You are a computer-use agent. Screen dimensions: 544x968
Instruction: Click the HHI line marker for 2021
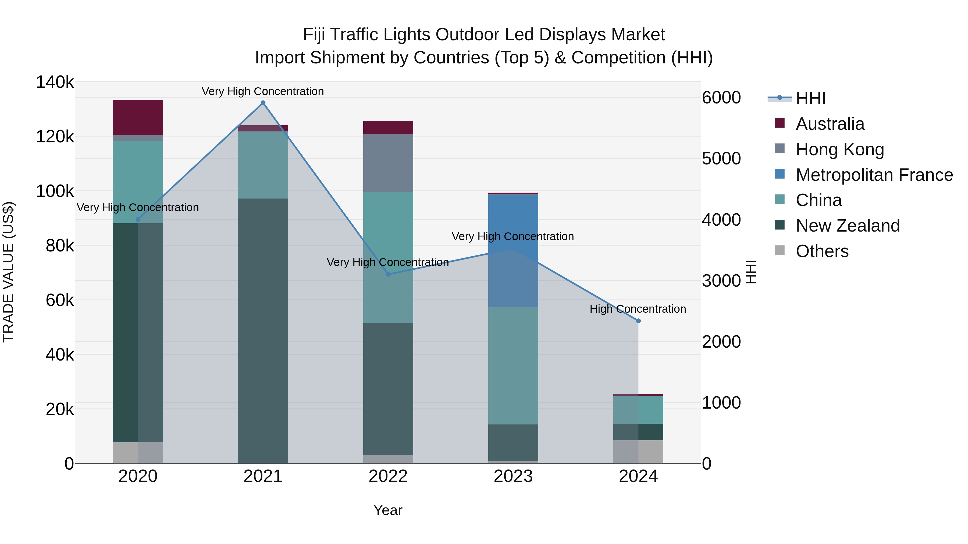point(263,103)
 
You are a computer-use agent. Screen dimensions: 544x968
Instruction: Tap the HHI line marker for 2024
point(638,321)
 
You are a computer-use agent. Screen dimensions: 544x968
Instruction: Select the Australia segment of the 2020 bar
point(138,117)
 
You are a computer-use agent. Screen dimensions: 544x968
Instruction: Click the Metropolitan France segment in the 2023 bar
point(513,251)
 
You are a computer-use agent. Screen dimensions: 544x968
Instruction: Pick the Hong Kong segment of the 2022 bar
point(388,163)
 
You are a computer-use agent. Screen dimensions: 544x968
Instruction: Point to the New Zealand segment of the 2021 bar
point(263,330)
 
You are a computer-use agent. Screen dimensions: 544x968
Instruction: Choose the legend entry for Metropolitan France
point(874,175)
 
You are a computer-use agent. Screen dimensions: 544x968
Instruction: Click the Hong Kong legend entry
point(839,149)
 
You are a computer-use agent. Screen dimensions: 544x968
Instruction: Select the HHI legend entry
point(810,98)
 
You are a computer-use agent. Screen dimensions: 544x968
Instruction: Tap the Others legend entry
point(822,251)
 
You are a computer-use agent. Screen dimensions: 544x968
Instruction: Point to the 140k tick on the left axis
point(55,82)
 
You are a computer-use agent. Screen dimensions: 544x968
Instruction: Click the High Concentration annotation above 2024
point(638,309)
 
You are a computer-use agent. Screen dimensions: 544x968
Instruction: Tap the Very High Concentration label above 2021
point(263,91)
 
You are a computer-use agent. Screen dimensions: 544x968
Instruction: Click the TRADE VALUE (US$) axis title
point(9,272)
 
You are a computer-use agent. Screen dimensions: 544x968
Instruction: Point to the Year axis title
point(388,510)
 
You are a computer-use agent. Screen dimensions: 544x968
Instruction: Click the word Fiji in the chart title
point(314,35)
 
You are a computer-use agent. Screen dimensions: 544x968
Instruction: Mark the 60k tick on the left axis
point(60,300)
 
